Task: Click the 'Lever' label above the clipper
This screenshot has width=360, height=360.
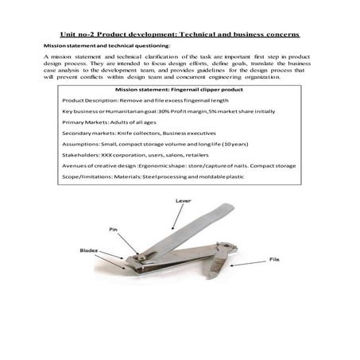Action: click(x=182, y=202)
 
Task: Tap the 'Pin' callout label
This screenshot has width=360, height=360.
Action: click(x=113, y=230)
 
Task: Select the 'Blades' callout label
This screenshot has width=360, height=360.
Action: click(x=88, y=250)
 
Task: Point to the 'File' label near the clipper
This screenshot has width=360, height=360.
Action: click(x=275, y=258)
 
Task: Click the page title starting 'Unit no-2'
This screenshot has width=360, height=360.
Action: click(x=180, y=35)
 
